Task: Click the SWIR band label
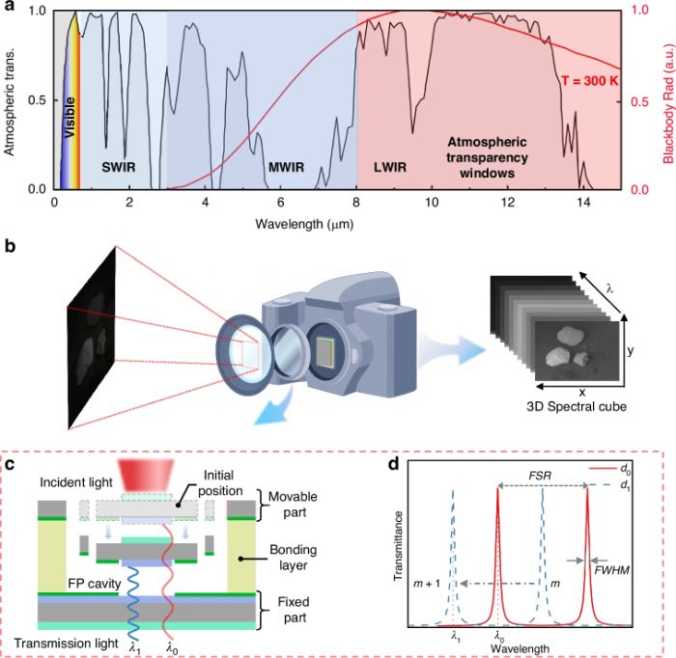coord(119,167)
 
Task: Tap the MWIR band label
coord(286,167)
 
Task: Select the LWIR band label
coord(390,167)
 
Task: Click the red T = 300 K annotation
coord(590,80)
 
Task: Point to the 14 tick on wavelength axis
coord(583,202)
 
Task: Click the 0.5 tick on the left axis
coord(37,100)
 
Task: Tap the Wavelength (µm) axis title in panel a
coord(304,224)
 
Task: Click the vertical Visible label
coord(69,117)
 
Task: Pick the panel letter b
coord(10,246)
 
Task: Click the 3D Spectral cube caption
coord(576,406)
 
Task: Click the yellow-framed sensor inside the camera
coord(325,352)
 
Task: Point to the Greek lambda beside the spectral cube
coord(609,289)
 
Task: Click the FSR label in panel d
coord(540,476)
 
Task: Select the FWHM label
coord(611,570)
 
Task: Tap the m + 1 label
coord(427,584)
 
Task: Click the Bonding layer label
coord(294,558)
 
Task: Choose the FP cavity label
coord(94,584)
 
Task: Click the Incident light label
coord(76,482)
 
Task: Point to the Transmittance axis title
coord(398,546)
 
